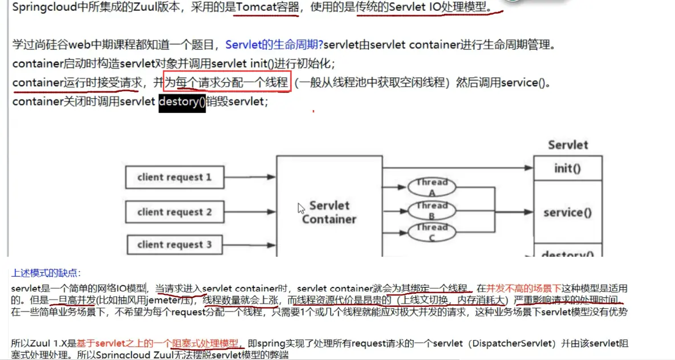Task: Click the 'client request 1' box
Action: tap(174, 177)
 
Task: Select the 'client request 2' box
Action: tap(174, 212)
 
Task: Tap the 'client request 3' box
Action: tap(174, 245)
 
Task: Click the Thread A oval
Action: tap(432, 187)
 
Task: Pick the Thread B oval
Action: tap(432, 211)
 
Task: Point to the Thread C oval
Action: tap(432, 232)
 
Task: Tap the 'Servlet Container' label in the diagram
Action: tap(329, 212)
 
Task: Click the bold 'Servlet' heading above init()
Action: tap(567, 145)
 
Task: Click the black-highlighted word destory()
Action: tap(182, 102)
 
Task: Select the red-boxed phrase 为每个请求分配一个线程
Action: tap(227, 83)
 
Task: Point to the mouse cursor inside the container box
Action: tap(300, 208)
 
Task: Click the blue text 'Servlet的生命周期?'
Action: tap(274, 45)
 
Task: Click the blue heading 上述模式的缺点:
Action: tap(46, 273)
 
